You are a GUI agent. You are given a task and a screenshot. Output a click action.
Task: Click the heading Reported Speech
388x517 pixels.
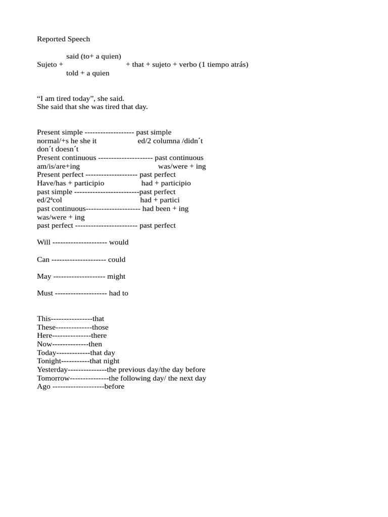(x=63, y=39)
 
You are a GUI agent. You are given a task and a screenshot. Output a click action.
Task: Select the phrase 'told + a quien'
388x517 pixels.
(x=87, y=73)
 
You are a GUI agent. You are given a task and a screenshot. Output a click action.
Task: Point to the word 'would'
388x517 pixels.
(x=119, y=242)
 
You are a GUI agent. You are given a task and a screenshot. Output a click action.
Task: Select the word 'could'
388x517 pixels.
(x=117, y=260)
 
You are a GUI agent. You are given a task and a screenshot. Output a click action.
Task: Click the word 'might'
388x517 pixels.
(x=116, y=276)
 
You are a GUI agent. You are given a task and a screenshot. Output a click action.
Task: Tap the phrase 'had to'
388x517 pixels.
(x=119, y=293)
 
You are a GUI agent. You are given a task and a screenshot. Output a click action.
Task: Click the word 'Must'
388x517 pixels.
(x=44, y=293)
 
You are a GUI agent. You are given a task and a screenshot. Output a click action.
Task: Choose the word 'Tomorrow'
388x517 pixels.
(x=53, y=378)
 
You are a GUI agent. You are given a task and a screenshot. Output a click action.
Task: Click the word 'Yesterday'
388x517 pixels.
(x=52, y=370)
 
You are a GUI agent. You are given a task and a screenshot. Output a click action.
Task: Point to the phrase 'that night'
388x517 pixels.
(x=105, y=361)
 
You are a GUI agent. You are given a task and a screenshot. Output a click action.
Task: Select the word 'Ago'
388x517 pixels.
(x=43, y=387)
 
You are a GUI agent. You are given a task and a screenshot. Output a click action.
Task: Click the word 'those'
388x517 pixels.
(x=100, y=327)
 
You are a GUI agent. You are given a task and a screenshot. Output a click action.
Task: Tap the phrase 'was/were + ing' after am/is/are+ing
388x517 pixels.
(x=182, y=166)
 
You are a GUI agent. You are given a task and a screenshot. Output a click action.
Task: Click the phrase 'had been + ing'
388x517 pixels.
(x=165, y=209)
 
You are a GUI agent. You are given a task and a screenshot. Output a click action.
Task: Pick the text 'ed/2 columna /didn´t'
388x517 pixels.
(x=170, y=141)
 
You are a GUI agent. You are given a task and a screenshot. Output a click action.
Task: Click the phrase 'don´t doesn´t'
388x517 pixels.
(x=58, y=149)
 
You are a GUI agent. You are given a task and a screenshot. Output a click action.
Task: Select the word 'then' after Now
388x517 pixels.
(x=95, y=344)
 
